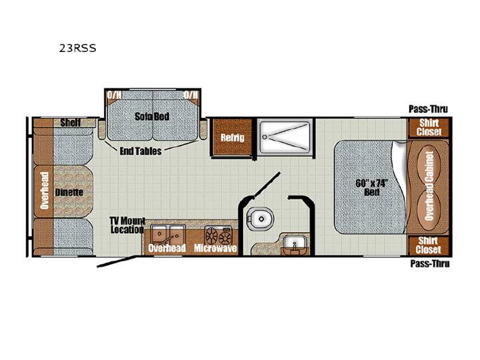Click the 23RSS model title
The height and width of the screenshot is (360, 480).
pos(78,48)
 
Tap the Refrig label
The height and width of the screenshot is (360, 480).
pos(233,137)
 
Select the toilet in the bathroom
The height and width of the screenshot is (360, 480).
pos(259,219)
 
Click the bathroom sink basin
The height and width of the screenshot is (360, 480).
pos(294,243)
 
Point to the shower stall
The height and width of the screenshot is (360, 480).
pos(285,137)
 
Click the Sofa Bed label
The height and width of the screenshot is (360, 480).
pos(152,116)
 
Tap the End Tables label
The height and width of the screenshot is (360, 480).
pos(141,151)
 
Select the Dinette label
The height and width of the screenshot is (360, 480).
pos(69,192)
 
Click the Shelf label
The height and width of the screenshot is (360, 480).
pos(71,123)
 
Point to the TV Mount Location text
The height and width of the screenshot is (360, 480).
pos(127,225)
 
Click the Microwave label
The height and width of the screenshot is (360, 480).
pos(215,248)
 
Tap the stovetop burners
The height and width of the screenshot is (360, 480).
pos(218,235)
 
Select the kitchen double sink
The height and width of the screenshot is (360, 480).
pos(168,235)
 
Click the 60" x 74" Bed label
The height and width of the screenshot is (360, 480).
pos(372,187)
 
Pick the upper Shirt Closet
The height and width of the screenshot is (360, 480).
pos(429,127)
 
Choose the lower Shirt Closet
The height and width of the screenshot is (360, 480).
pos(429,245)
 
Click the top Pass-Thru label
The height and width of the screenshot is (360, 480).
pos(428,109)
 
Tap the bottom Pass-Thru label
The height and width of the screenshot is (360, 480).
pos(430,263)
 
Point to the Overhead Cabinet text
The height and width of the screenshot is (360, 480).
pos(429,186)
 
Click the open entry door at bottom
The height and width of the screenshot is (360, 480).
pos(117,261)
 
